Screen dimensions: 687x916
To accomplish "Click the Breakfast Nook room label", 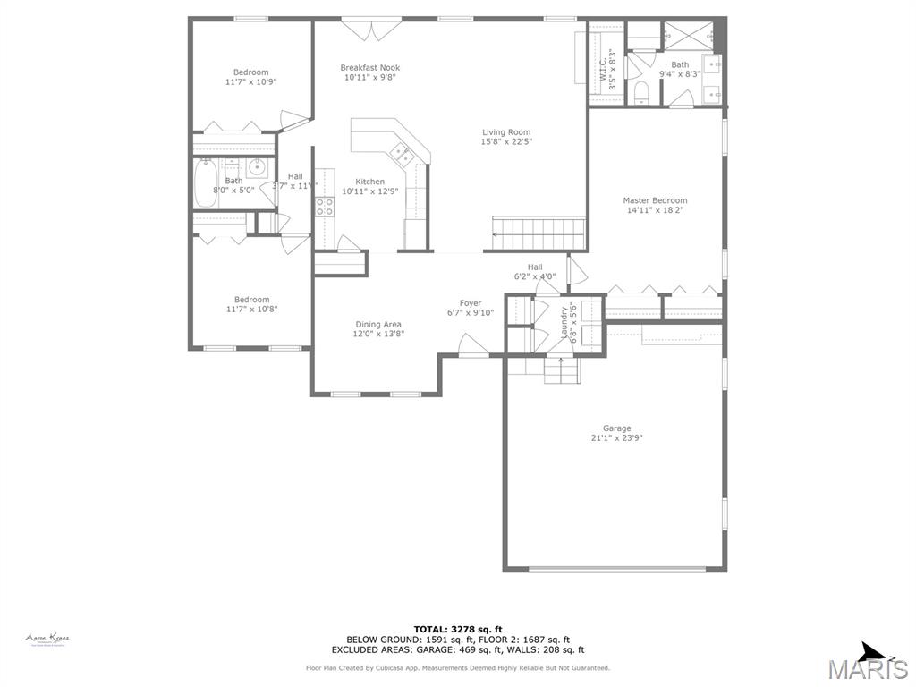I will click(369, 68).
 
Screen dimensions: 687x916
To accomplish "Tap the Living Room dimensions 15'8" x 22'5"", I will click(505, 142).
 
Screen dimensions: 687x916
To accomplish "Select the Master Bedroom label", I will click(655, 200).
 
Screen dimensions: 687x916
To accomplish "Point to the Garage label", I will click(616, 428).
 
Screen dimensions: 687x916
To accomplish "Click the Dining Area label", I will click(377, 325).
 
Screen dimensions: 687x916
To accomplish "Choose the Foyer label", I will click(471, 303).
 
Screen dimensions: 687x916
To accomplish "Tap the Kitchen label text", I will click(369, 182).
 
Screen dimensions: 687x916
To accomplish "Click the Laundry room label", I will click(564, 323).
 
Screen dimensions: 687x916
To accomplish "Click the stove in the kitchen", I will click(324, 207).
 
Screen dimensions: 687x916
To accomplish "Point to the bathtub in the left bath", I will click(205, 183).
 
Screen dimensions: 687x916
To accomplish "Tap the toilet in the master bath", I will click(640, 93).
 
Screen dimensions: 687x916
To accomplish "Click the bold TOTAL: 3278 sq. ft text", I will click(457, 629).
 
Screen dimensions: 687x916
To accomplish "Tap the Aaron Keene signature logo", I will click(47, 639).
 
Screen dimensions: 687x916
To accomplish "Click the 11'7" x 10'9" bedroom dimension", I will click(250, 81).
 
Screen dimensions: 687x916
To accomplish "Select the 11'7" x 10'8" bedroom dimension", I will click(251, 310).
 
